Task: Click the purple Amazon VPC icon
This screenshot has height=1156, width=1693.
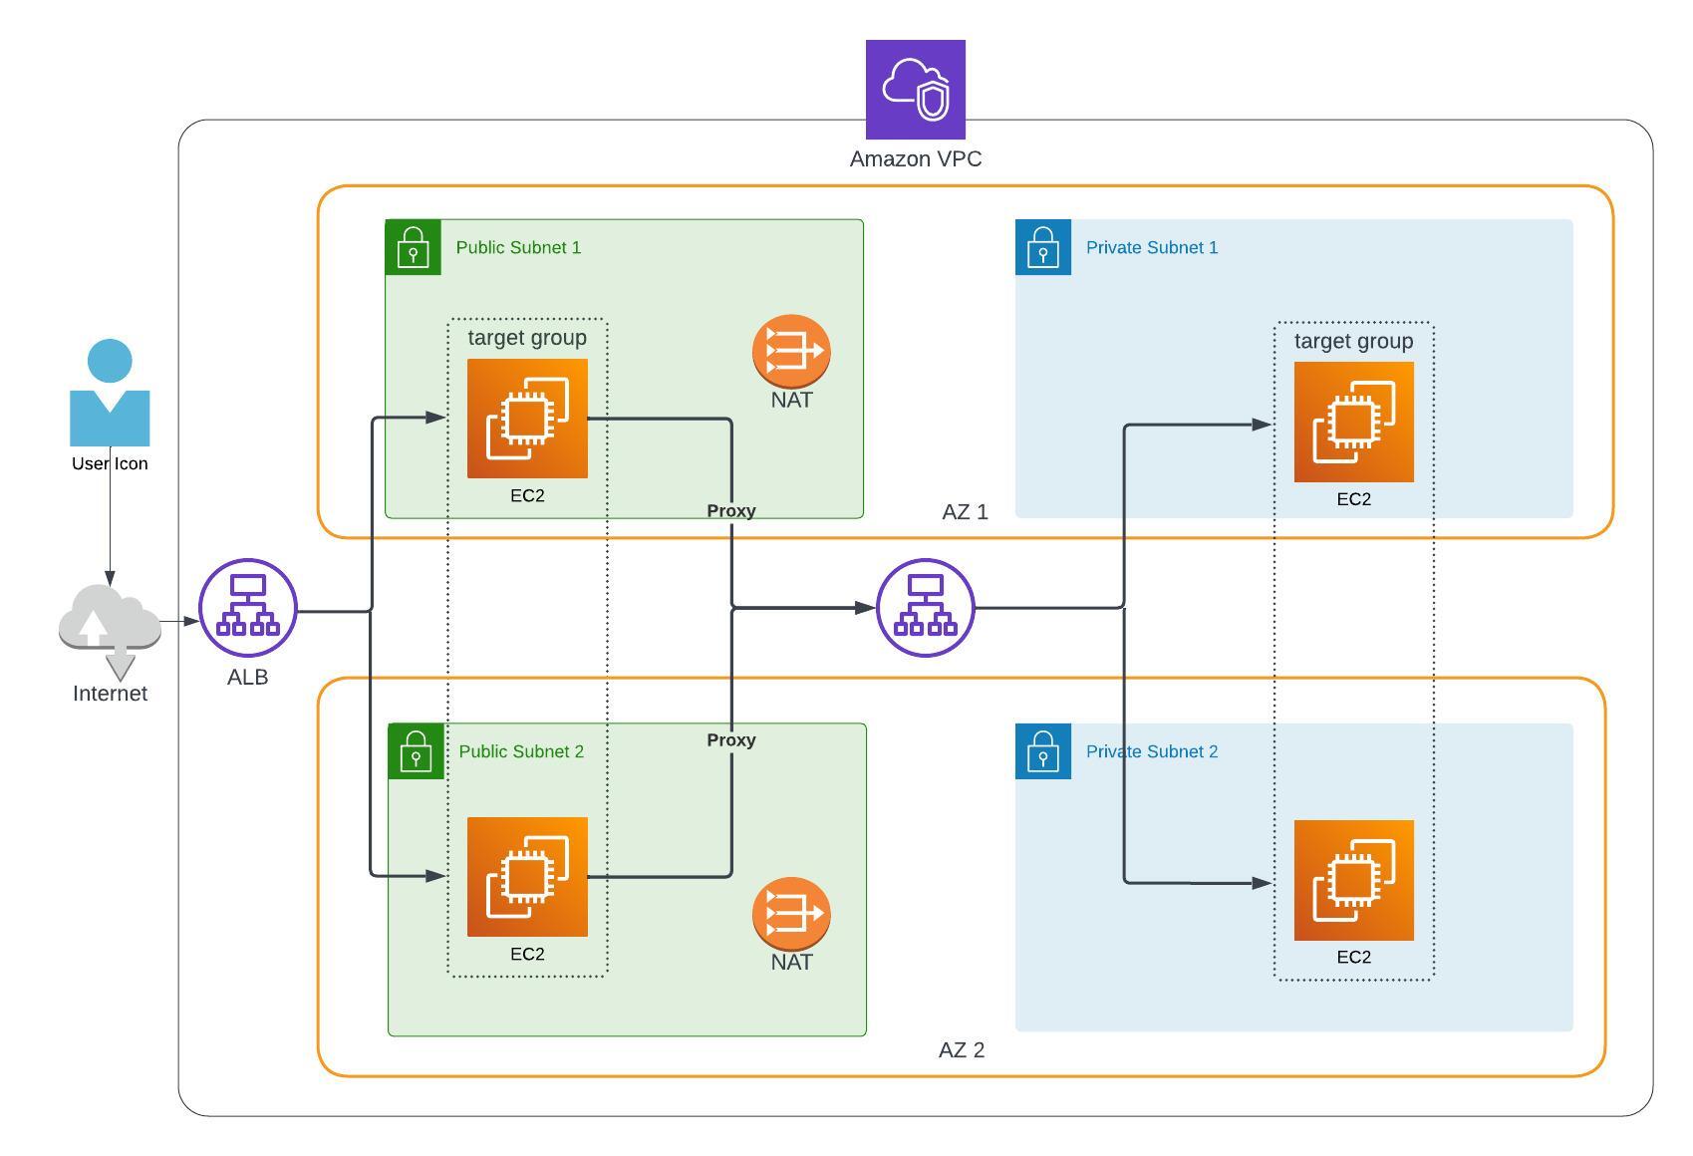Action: [x=915, y=90]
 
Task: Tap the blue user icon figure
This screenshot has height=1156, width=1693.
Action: [x=110, y=394]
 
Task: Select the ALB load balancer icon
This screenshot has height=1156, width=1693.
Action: [x=248, y=608]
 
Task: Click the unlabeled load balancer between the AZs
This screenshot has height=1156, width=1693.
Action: [x=925, y=608]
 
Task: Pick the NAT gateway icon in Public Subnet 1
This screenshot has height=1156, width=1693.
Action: [x=791, y=351]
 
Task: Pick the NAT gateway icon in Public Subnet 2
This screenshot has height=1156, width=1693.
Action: [x=791, y=913]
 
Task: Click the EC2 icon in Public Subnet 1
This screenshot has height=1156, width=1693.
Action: [x=527, y=419]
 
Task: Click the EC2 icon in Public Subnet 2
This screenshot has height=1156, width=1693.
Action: [x=527, y=877]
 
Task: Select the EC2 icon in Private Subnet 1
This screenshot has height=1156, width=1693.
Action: [x=1353, y=423]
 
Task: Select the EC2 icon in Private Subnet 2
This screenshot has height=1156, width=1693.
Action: [x=1353, y=881]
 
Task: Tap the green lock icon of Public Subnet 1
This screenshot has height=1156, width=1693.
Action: [x=413, y=247]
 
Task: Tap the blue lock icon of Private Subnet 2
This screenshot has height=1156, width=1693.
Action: [x=1042, y=751]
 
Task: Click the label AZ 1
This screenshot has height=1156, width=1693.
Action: [x=965, y=512]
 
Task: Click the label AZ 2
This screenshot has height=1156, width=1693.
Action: [x=961, y=1049]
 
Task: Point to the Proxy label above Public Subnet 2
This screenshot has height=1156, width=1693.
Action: [x=731, y=739]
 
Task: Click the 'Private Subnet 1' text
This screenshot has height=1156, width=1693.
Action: [x=1151, y=247]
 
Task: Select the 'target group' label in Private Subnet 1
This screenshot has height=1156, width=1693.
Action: [x=1353, y=341]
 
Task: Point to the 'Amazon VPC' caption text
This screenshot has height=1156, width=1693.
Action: [x=915, y=159]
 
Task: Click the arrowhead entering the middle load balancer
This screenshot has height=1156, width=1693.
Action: [x=866, y=607]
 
